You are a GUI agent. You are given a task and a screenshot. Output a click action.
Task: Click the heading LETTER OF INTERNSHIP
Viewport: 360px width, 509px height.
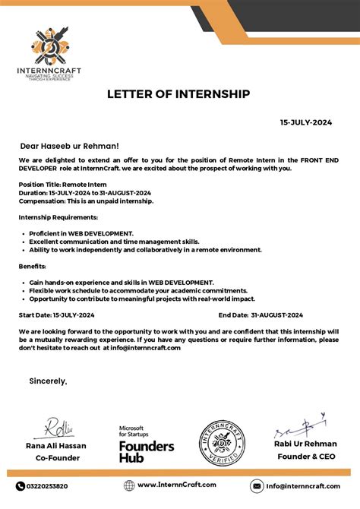point(179,94)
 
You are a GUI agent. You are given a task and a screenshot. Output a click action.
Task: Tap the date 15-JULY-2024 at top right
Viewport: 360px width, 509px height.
point(305,122)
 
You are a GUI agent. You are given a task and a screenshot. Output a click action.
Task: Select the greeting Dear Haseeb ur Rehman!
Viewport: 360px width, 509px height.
point(69,145)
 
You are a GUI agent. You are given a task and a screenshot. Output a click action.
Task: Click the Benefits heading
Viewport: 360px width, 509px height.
point(32,266)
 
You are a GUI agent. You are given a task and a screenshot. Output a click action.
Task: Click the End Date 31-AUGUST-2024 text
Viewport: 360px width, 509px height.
point(261,315)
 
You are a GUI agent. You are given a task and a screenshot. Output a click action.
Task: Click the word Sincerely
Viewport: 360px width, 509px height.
point(48,380)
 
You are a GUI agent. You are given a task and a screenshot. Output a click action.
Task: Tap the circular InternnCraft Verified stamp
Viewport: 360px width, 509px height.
point(222,443)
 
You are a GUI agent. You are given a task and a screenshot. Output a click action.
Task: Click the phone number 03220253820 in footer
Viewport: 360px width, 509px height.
point(47,486)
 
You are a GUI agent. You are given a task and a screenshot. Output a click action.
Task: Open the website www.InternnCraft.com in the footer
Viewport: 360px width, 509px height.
point(176,485)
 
